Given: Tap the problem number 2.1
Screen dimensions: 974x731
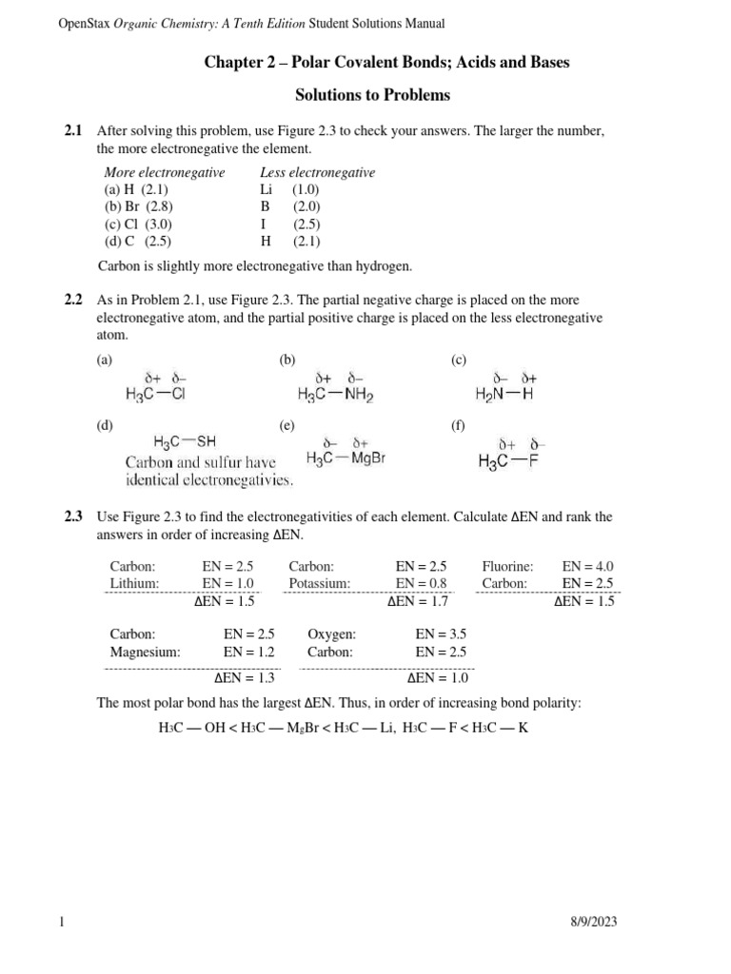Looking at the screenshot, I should pos(73,130).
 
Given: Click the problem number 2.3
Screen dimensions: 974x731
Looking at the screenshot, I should pos(73,517).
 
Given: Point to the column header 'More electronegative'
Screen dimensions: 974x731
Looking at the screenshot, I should pos(164,172).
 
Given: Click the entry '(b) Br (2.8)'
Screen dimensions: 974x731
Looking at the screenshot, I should pos(138,205).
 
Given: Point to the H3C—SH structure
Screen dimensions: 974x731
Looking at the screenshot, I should pos(185,441).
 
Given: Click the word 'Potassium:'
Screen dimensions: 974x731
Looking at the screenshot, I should pos(320,583).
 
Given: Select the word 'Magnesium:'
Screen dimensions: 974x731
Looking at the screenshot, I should pos(145,652).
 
